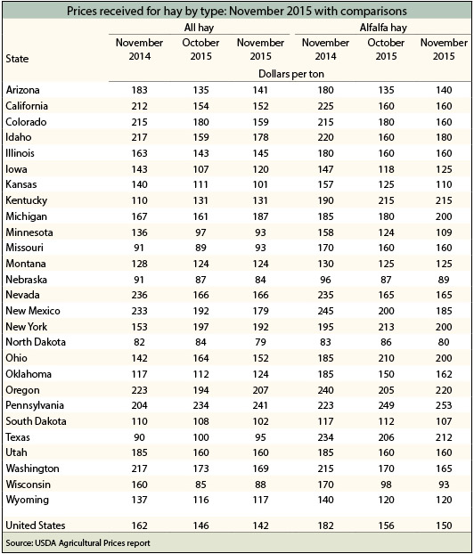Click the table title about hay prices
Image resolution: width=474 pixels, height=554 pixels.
point(237,11)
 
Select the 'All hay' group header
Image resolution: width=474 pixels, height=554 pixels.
point(199,28)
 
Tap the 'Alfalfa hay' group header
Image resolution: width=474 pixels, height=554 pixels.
point(383,28)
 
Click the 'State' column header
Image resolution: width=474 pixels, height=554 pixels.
point(17,58)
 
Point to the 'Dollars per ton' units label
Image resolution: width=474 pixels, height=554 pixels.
point(291,74)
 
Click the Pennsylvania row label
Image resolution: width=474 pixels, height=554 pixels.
point(35,405)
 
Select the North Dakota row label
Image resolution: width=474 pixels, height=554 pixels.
point(36,342)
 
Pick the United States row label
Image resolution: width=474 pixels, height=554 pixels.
point(36,525)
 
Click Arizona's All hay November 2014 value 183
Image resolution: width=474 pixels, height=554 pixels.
point(139,90)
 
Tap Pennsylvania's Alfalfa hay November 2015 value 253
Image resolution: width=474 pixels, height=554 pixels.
point(444,405)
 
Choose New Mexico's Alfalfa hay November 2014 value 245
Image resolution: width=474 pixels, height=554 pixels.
point(325,311)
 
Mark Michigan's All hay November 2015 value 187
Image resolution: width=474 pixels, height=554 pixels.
point(260,216)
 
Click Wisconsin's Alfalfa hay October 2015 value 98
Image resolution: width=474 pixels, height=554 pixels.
point(386,485)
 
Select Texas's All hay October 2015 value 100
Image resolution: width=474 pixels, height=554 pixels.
point(200,437)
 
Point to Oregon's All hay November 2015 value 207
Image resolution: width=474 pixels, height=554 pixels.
point(260,390)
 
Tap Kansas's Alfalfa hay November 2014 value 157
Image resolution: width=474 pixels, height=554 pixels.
point(325,184)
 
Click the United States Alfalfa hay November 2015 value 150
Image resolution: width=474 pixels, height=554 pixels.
point(444,525)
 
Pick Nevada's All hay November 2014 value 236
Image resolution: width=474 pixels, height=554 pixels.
point(139,295)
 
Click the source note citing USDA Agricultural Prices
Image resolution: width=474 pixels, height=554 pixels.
point(78,543)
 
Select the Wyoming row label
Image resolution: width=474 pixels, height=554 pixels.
point(28,500)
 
